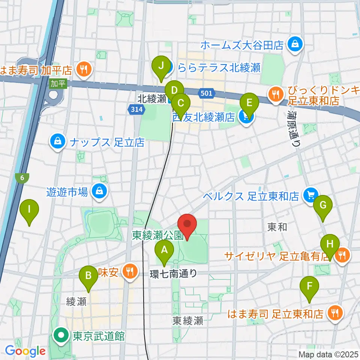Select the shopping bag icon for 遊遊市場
(100, 192)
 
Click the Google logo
(25, 351)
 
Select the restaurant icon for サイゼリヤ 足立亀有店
(342, 255)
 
